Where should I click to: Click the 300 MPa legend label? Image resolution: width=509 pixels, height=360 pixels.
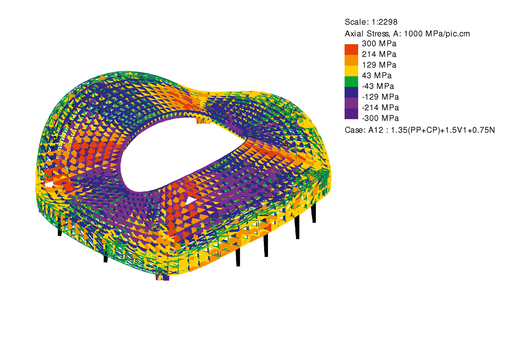coord(379,43)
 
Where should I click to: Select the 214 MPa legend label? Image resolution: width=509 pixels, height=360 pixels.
coord(379,54)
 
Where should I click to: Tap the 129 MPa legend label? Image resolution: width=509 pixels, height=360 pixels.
coord(379,65)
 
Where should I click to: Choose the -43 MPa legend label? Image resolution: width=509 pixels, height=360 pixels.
coord(378,86)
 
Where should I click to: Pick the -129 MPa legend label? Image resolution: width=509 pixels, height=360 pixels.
coord(380,97)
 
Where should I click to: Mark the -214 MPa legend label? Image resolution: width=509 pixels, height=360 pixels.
coord(380,107)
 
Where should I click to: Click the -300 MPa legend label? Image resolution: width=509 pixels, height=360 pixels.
coord(380,118)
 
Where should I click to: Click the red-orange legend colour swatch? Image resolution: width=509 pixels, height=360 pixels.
coord(351,50)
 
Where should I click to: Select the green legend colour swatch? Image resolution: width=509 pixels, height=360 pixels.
coord(351,82)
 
